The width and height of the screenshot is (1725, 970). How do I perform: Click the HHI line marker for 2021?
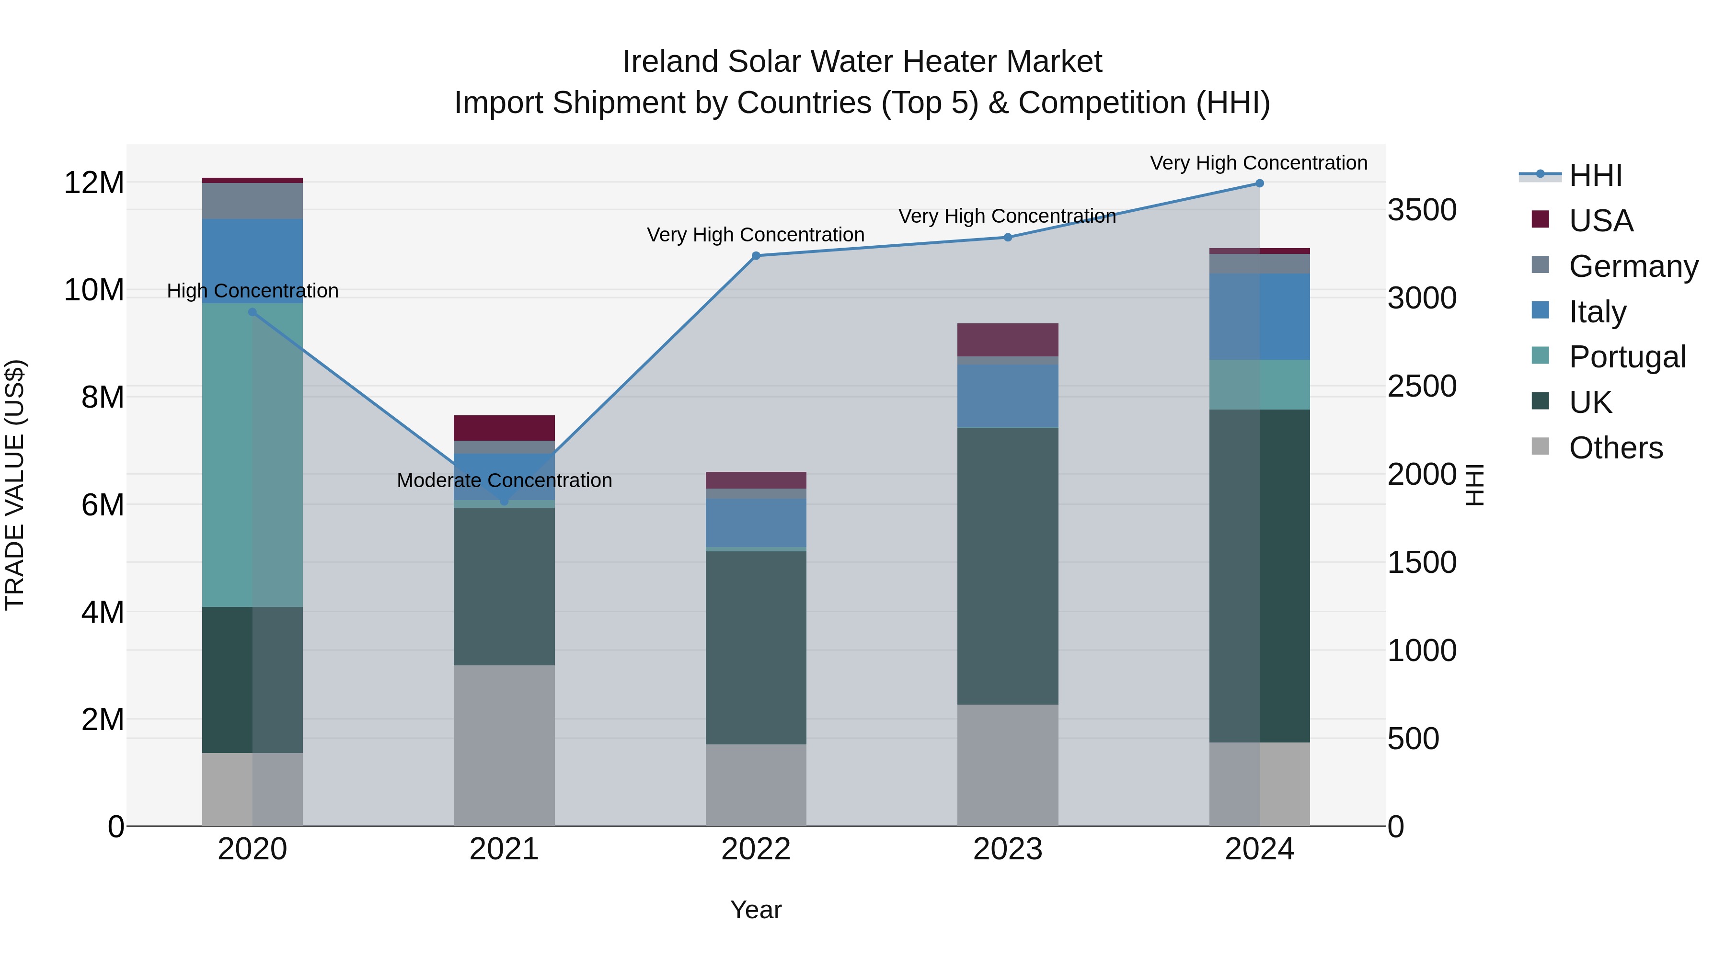504,501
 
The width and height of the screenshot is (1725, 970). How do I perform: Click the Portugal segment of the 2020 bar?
253,455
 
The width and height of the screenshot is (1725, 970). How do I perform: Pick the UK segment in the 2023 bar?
1007,566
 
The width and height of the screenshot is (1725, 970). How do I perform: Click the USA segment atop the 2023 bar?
1007,340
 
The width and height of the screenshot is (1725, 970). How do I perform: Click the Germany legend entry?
1633,266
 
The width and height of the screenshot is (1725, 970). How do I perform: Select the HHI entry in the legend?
1595,175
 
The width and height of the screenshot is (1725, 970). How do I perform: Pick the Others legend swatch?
1540,446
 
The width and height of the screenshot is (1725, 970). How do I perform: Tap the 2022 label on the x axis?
756,849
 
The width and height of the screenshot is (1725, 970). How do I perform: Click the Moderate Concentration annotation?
504,480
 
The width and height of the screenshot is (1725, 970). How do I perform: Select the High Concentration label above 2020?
253,291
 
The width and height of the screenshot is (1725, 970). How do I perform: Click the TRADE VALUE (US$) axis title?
15,485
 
